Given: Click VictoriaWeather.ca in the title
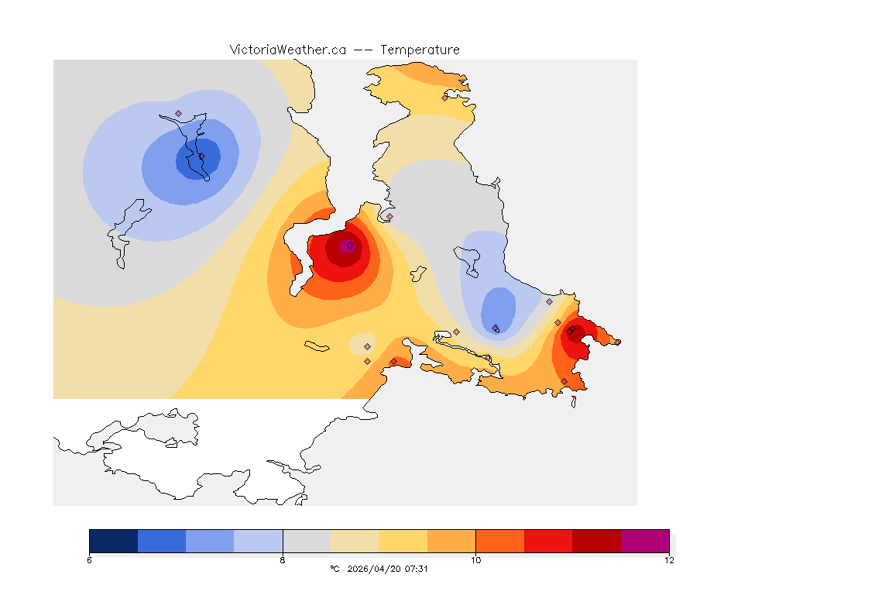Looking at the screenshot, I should click(287, 50).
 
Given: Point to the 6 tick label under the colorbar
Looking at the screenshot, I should click(90, 560).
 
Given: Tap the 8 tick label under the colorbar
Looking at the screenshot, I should click(283, 560).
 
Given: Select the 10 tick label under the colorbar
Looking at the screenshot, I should click(475, 560).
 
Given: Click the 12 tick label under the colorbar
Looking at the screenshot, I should click(668, 560).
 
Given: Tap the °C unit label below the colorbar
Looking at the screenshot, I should click(334, 569).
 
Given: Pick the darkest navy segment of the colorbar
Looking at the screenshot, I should click(114, 541).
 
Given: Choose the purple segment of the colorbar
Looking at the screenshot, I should click(644, 541).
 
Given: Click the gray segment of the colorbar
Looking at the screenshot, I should click(307, 541).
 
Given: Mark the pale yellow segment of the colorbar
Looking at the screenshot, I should click(355, 541).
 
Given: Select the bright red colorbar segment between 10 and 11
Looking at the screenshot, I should click(548, 541).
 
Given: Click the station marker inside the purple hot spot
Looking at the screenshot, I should click(350, 245).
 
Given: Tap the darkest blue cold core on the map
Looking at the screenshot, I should click(197, 158).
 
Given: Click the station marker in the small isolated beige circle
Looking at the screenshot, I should click(367, 346).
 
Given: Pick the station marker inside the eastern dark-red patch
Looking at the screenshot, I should click(570, 331).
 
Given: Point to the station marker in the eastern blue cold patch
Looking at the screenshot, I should click(496, 328).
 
